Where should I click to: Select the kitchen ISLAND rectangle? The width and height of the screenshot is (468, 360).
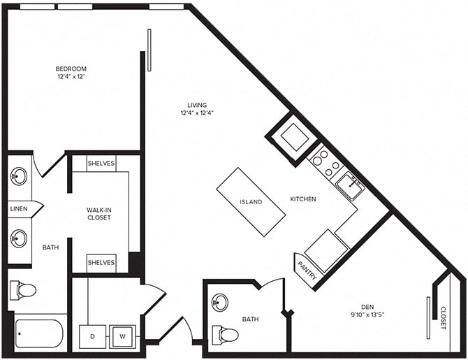[x=251, y=202]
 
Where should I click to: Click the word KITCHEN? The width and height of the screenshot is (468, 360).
[x=303, y=199]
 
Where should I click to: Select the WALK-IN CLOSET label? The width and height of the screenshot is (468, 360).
[x=99, y=213]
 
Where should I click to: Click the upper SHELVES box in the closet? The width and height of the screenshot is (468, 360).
[x=101, y=163]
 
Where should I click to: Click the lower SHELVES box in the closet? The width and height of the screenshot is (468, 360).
[x=101, y=262]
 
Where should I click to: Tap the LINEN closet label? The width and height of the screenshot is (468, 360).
[x=19, y=208]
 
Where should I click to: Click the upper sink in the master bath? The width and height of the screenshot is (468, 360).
[x=19, y=175]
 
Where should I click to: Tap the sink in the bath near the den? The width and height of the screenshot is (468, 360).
[x=221, y=302]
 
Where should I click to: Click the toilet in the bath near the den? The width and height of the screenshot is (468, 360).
[x=226, y=335]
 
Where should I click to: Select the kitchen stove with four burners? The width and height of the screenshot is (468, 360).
[x=325, y=161]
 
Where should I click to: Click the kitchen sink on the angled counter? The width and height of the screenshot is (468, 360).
[x=349, y=185]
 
